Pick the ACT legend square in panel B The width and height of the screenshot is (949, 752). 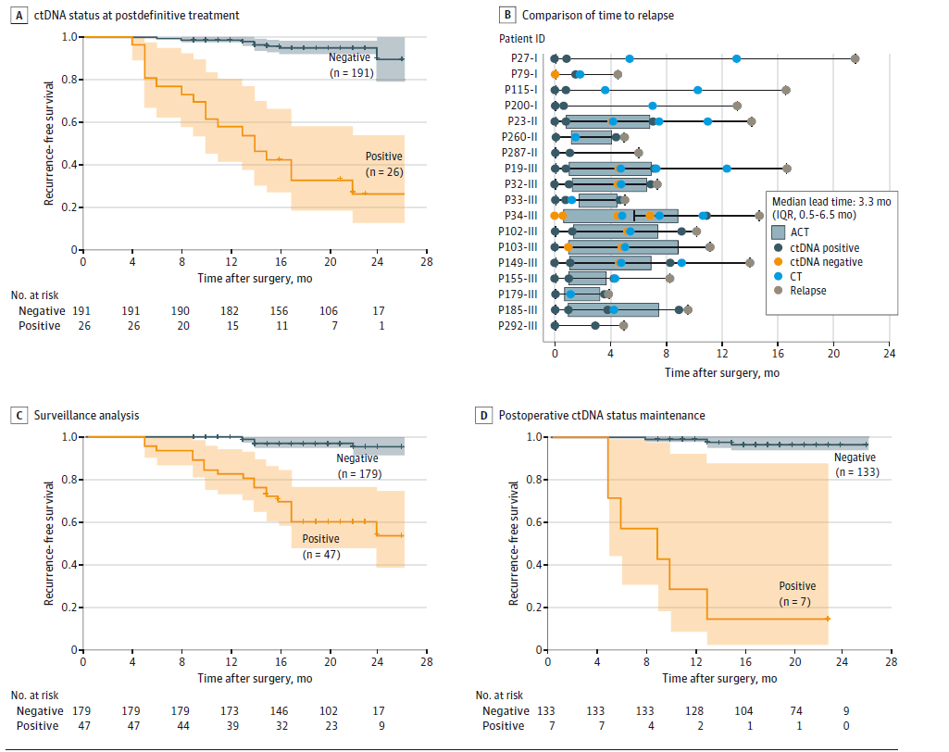[780, 233]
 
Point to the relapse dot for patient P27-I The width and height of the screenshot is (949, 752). [855, 58]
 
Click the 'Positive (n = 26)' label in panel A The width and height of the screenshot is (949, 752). [384, 164]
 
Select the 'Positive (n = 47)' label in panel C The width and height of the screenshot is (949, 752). [320, 546]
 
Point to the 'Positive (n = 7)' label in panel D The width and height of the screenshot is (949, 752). [797, 595]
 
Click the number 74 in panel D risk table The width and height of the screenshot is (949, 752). [795, 710]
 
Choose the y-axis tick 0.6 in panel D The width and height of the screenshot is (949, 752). [531, 522]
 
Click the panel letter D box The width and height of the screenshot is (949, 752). [483, 416]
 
